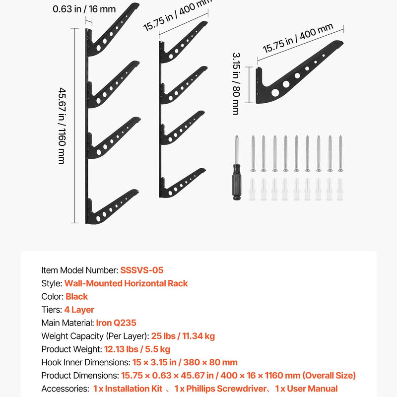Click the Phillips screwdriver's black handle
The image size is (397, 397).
pos(237,182)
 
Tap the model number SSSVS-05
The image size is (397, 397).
pos(141,270)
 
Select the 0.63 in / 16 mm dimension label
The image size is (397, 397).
pos(84,9)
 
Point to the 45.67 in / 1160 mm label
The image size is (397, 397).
pos(62,126)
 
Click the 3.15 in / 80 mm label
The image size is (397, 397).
pos(236,83)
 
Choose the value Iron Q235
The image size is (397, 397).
pos(116,323)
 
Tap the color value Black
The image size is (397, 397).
pos(76,296)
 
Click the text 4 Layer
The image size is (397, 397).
pos(79,310)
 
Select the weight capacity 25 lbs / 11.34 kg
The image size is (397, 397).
pos(183,336)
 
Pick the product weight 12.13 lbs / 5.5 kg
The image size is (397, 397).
pos(137,349)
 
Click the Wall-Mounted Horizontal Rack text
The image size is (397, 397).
pos(126,283)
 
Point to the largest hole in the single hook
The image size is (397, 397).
pos(275,92)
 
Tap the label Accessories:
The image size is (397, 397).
pos(65,389)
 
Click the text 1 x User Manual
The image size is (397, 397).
pos(306,389)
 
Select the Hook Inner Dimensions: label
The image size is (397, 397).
pos(86,362)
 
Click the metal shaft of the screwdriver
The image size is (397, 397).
pos(237,150)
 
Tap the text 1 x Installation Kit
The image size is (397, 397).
pos(128,389)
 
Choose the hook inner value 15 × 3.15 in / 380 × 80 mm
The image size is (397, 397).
pos(185,362)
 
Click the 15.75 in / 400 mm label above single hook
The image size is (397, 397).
pos(298,38)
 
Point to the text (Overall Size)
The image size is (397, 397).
pos(329,376)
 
